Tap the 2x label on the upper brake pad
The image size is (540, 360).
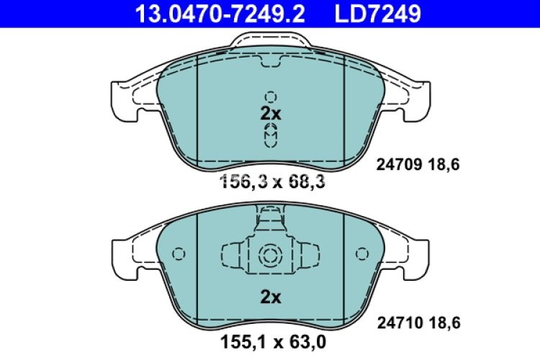coord(270,113)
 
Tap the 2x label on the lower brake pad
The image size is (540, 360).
coord(270,297)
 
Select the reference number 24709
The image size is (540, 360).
coord(400,165)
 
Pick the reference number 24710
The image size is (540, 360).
coord(400,325)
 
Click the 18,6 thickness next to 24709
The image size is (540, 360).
coord(444,165)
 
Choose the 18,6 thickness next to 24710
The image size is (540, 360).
coord(444,325)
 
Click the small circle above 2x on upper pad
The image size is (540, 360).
coord(270,96)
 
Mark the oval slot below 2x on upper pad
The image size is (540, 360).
coord(270,134)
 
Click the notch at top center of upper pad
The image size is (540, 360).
coord(270,67)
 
